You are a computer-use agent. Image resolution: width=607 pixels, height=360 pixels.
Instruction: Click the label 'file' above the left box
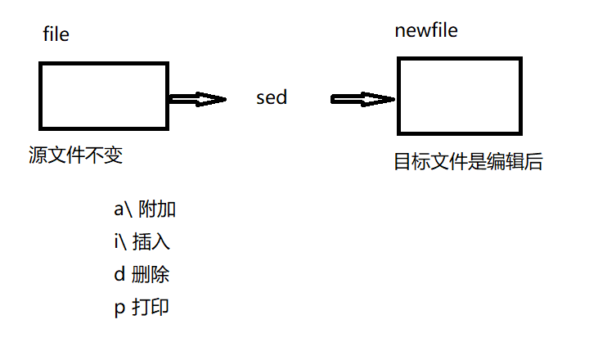click(56, 34)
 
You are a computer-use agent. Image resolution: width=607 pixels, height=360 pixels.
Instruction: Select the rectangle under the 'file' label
click(104, 95)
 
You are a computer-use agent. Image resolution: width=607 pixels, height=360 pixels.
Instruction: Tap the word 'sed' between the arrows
click(272, 98)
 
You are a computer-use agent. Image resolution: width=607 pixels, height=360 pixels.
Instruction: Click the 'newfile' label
click(426, 31)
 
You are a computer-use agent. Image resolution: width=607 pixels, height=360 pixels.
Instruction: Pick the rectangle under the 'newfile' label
click(459, 95)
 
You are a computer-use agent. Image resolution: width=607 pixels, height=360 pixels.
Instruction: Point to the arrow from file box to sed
click(196, 99)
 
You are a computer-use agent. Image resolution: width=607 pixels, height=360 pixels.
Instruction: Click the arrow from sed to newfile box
click(363, 99)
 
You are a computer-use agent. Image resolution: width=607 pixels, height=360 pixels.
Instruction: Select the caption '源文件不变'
click(75, 155)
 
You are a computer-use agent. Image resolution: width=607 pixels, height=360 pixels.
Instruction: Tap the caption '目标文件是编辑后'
click(469, 162)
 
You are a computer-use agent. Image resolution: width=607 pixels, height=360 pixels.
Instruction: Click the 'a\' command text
click(123, 209)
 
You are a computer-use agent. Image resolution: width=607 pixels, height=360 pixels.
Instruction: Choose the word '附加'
click(157, 209)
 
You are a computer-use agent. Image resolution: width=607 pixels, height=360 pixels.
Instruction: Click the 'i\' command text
click(120, 242)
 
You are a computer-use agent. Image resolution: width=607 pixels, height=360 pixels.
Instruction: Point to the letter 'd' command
click(119, 275)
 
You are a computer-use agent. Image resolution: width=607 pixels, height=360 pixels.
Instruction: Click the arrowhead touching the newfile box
click(384, 99)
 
